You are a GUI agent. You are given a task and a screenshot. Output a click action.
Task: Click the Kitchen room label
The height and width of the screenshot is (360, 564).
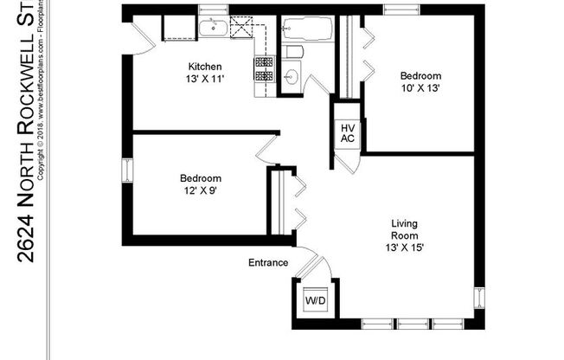pyautogui.click(x=206, y=67)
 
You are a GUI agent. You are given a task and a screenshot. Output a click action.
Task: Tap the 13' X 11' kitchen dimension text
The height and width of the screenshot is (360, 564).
pyautogui.click(x=206, y=79)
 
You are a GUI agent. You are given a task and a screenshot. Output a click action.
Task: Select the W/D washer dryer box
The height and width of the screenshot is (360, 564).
pyautogui.click(x=315, y=301)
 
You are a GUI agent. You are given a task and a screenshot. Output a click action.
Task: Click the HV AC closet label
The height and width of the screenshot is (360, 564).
pyautogui.click(x=348, y=132)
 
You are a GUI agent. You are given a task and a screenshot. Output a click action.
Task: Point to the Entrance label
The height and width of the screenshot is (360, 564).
pyautogui.click(x=267, y=262)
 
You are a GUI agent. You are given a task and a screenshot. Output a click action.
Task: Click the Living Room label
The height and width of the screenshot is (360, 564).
pyautogui.click(x=405, y=229)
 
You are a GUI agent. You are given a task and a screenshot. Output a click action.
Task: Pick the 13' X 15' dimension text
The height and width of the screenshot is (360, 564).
pyautogui.click(x=405, y=247)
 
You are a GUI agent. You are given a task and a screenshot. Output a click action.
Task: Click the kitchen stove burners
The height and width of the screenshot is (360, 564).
pyautogui.click(x=263, y=69)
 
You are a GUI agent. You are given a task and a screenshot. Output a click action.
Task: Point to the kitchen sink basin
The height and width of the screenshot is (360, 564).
pyautogui.click(x=213, y=29)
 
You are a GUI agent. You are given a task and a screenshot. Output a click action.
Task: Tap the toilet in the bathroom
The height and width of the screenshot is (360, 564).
pyautogui.click(x=292, y=52)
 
